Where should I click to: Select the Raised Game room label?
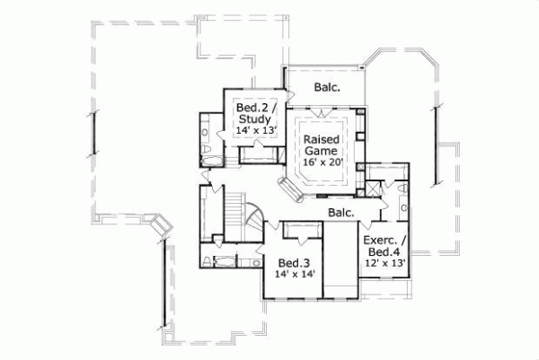(321, 146)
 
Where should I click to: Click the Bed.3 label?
(293, 263)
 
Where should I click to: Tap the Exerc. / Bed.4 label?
(384, 246)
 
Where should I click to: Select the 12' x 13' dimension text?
(384, 263)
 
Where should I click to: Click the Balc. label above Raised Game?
(325, 87)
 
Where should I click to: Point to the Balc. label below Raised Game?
(340, 213)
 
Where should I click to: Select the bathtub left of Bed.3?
(225, 261)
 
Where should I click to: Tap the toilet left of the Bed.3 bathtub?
(207, 261)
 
